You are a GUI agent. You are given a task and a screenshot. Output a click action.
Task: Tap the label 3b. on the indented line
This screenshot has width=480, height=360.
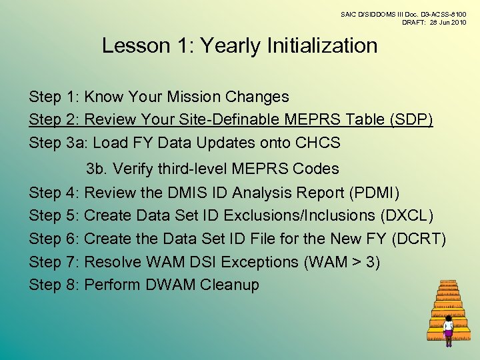point(97,169)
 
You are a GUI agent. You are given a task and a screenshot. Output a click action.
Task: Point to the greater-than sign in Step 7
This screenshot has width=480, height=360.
point(351,262)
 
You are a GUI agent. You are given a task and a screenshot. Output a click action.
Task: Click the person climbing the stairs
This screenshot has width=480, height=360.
point(448,329)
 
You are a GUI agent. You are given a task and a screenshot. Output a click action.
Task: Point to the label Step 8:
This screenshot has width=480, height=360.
point(55,285)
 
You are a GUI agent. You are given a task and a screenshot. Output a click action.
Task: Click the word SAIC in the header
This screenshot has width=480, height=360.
point(349,13)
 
